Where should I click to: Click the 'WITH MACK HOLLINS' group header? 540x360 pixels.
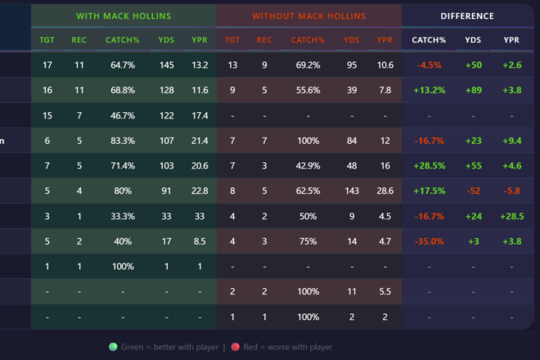(x=124, y=16)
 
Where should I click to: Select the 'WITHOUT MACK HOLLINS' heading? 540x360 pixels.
(x=309, y=16)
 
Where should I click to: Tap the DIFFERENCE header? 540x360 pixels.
(x=466, y=16)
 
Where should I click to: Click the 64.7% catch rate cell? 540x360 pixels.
(x=123, y=65)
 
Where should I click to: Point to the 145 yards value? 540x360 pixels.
(x=169, y=65)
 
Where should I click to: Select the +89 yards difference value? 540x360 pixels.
(x=473, y=90)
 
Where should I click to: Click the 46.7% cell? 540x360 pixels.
(x=123, y=115)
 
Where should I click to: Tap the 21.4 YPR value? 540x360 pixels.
(x=199, y=141)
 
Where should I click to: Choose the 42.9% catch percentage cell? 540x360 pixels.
(x=308, y=165)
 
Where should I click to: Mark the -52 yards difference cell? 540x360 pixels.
(x=473, y=191)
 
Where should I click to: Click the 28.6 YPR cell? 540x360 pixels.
(x=385, y=191)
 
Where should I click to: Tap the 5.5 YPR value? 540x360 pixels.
(x=385, y=291)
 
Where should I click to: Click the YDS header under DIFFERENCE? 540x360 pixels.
(x=473, y=39)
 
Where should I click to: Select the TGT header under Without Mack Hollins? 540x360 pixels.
(x=232, y=39)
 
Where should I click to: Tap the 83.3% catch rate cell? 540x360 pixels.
(x=123, y=141)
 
